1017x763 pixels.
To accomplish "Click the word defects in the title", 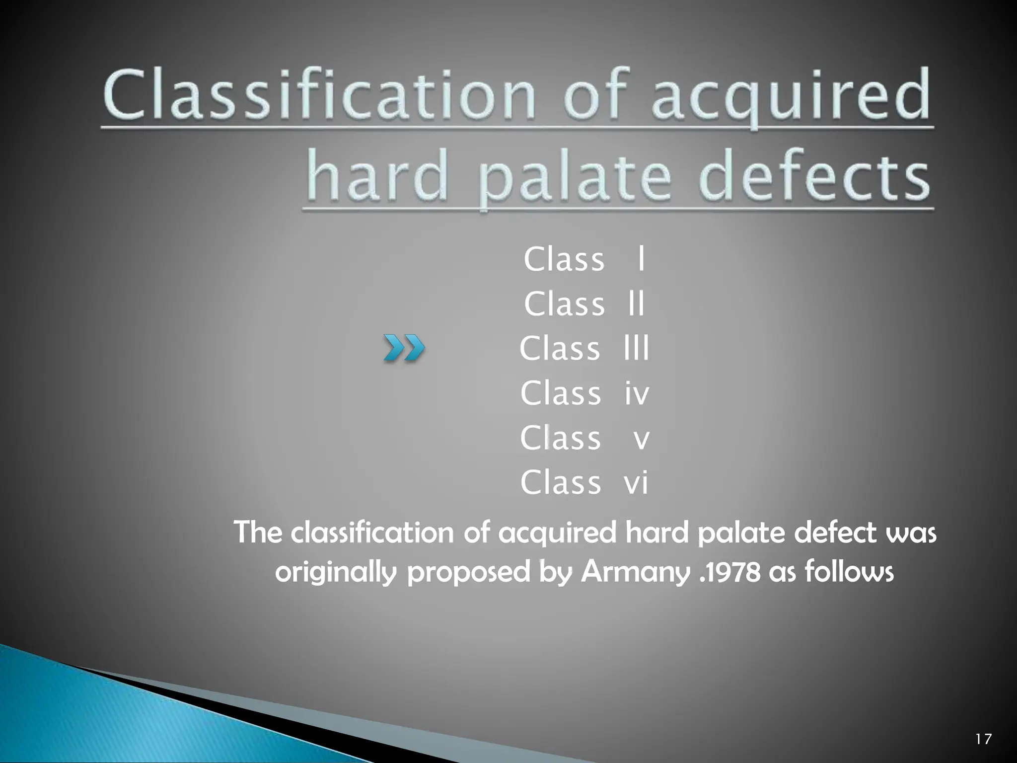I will coord(814,176).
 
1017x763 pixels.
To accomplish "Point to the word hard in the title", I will coord(377,176).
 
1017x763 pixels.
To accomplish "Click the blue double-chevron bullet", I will coord(404,348).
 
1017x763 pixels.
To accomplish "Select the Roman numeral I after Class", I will coord(641,259).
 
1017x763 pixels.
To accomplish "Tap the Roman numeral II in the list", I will coord(636,304).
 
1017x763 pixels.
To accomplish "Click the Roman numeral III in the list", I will coord(636,348).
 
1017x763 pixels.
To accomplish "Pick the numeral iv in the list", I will coord(637,393).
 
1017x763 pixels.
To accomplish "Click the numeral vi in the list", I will coord(636,483).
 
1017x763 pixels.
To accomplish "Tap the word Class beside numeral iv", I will coord(561,393).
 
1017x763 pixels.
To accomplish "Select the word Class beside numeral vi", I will coord(561,483).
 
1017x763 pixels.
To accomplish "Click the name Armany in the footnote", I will coord(636,572).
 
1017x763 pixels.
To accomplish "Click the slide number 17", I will coord(983,739).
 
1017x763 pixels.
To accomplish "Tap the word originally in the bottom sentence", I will coord(336,572).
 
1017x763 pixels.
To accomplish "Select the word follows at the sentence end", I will coord(849,571).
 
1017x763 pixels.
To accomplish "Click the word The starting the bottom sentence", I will coord(258,533).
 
